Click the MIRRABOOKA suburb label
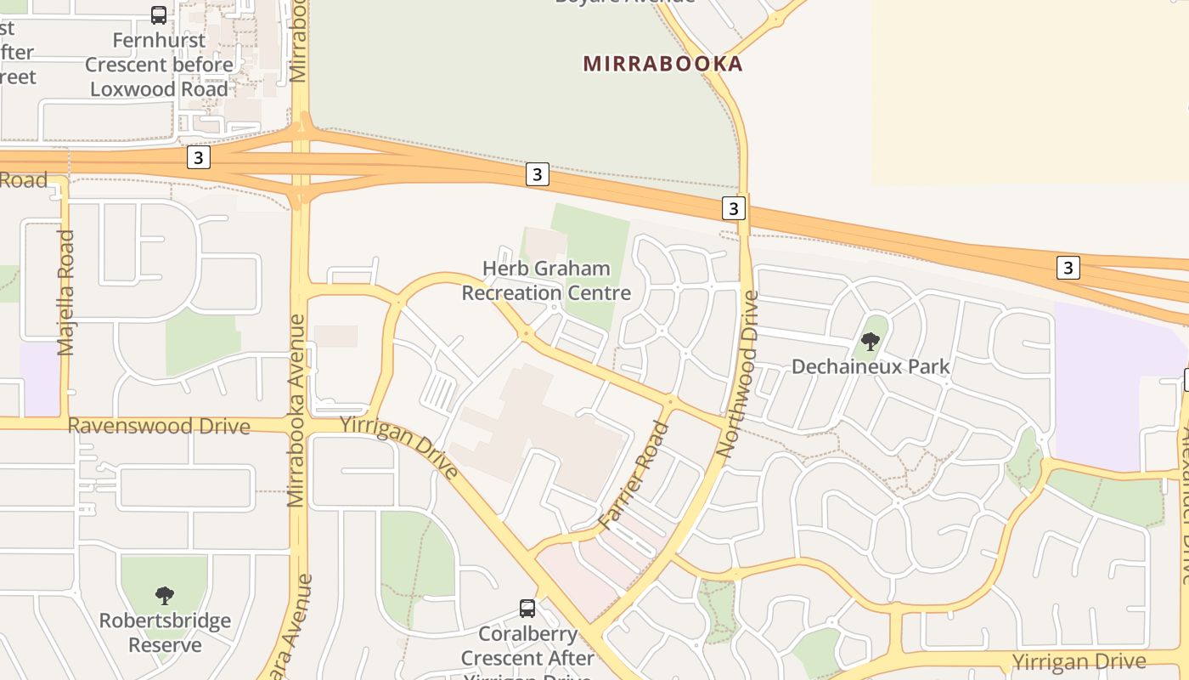(x=662, y=64)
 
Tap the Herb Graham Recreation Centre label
(x=546, y=281)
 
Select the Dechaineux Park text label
(x=871, y=366)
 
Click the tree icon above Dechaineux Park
(x=871, y=342)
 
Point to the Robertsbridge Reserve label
(x=165, y=632)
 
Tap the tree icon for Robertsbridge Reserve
(x=165, y=595)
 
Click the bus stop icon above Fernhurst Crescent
(x=159, y=14)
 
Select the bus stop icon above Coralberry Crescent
(x=527, y=608)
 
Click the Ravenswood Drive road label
(x=159, y=426)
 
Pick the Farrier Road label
(x=634, y=476)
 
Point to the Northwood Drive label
(x=737, y=374)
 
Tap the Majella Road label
(x=66, y=292)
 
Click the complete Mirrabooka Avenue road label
(x=296, y=411)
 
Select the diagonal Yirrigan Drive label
(x=399, y=448)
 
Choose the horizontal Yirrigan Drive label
(x=1079, y=661)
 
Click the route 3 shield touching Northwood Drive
(x=734, y=207)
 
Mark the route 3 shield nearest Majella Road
(x=198, y=157)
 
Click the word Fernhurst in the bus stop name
(x=159, y=40)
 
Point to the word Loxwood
(x=128, y=89)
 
